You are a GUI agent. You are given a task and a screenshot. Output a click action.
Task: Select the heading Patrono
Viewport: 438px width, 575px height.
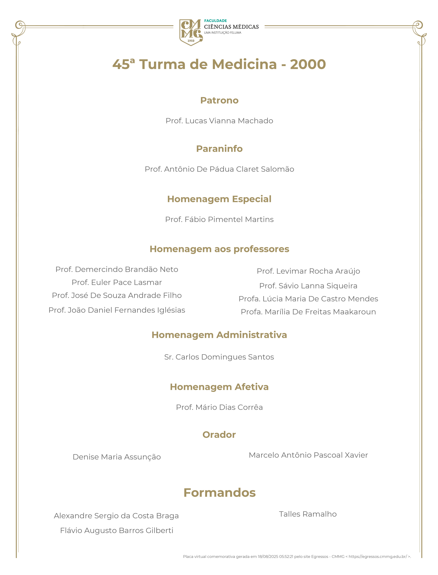219,100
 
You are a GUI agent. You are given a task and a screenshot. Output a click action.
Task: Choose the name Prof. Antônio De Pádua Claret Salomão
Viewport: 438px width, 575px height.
219,169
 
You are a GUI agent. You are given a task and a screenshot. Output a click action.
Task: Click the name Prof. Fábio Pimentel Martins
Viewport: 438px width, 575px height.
219,219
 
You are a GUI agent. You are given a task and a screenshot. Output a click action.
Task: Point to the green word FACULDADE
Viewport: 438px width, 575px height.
215,21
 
